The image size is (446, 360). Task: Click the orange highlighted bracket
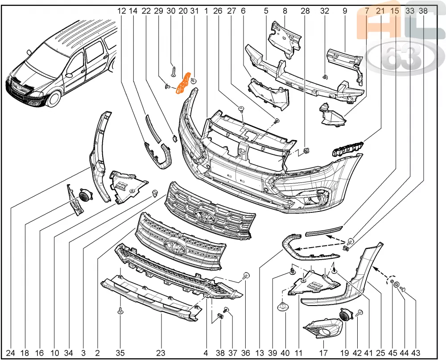(x=184, y=83)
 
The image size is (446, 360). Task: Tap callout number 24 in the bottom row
(x=11, y=353)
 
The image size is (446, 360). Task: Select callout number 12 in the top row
(x=121, y=11)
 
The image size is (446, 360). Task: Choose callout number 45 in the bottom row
(x=392, y=353)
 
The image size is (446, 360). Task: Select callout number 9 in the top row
(x=345, y=11)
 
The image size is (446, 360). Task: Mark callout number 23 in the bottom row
(x=161, y=353)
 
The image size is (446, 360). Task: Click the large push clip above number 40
(x=283, y=307)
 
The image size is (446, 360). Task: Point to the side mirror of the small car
(x=69, y=75)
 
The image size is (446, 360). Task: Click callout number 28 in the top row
(x=305, y=11)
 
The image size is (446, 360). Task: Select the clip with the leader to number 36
(x=246, y=276)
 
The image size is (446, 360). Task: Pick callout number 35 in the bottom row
(x=120, y=353)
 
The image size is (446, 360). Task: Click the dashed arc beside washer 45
(x=388, y=279)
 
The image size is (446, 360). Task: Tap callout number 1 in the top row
(x=206, y=11)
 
